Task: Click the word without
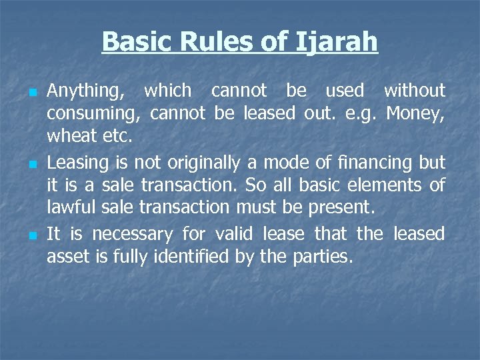[414, 90]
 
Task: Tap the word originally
[215, 162]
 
